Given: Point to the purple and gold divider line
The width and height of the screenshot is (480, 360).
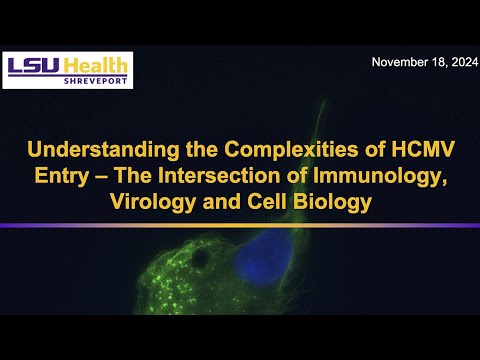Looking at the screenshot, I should click(x=240, y=225).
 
